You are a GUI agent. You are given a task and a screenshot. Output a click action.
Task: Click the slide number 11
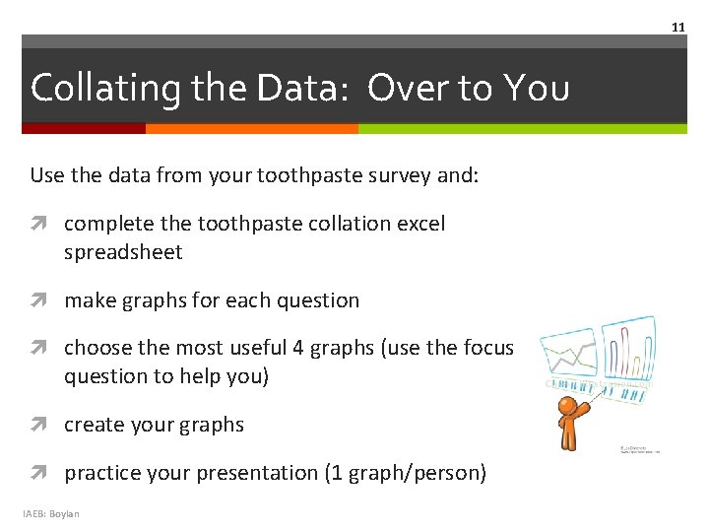677,28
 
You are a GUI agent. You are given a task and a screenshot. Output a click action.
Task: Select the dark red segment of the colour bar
84,128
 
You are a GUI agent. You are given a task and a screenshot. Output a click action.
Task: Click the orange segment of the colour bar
251,128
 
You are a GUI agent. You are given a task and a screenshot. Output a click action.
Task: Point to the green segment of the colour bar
522,128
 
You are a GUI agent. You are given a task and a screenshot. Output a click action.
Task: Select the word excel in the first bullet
419,224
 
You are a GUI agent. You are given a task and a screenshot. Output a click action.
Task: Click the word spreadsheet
123,252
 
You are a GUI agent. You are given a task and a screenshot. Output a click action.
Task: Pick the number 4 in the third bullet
298,348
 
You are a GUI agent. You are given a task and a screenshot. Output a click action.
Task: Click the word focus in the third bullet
486,348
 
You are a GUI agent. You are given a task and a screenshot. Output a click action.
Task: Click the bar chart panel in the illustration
630,350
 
